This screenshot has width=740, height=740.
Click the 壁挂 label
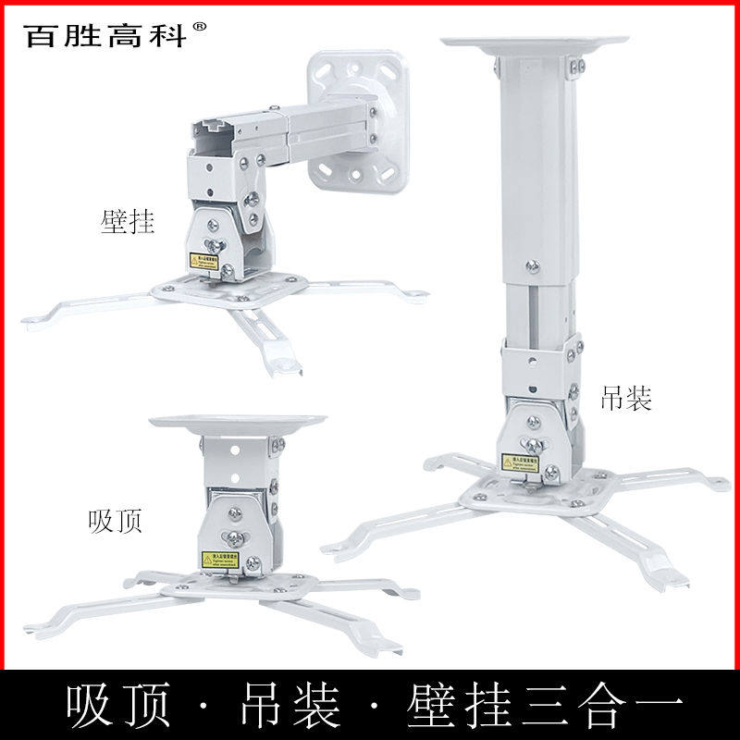pos(127,222)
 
